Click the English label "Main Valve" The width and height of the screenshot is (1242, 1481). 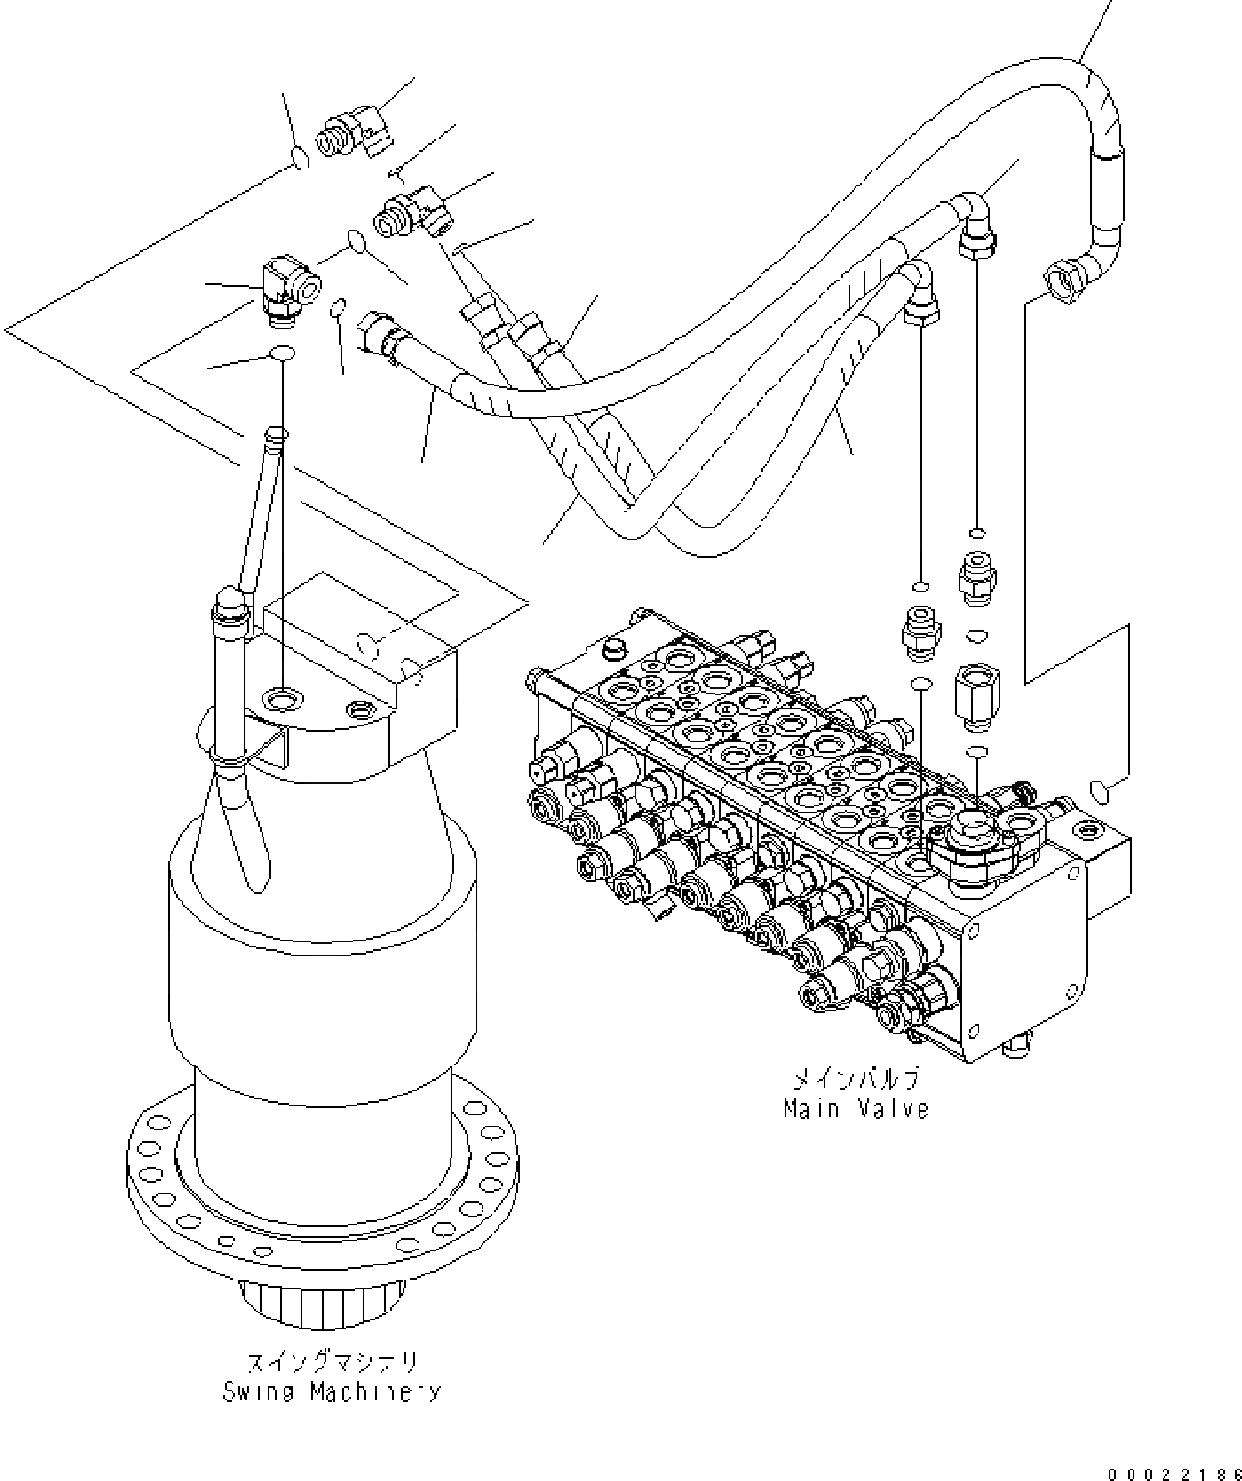coord(855,1108)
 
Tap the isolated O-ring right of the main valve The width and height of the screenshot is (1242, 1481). coord(1100,791)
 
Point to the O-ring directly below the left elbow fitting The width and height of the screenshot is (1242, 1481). coord(281,354)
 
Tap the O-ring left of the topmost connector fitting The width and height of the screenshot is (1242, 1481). coord(301,158)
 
